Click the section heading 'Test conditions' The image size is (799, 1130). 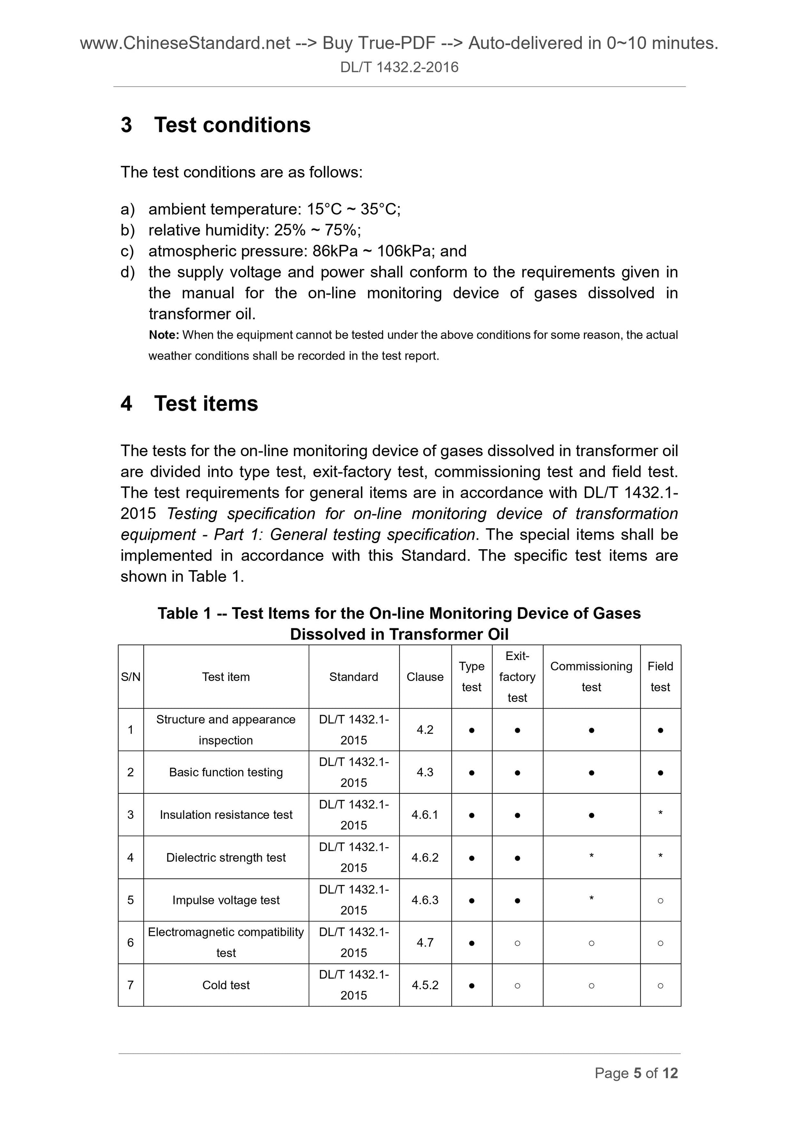(232, 125)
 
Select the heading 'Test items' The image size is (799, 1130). (206, 403)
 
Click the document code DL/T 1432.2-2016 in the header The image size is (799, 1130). (399, 67)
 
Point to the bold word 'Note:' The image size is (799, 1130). (164, 335)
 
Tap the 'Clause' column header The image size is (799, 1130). (425, 677)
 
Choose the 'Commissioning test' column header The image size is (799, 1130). (591, 677)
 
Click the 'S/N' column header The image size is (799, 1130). (131, 677)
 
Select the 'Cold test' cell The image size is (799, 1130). (226, 985)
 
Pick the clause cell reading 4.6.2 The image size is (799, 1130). (425, 857)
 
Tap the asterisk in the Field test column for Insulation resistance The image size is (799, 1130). (660, 814)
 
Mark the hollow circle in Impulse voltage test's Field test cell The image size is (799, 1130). (660, 901)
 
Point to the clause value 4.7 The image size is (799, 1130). (425, 942)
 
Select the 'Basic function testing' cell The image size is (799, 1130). (226, 772)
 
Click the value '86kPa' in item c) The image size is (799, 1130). (335, 251)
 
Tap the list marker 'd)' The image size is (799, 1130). (128, 272)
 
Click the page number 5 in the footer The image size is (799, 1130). (638, 1073)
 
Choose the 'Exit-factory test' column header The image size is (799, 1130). (517, 677)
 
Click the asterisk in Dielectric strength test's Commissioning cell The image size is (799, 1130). (591, 856)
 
